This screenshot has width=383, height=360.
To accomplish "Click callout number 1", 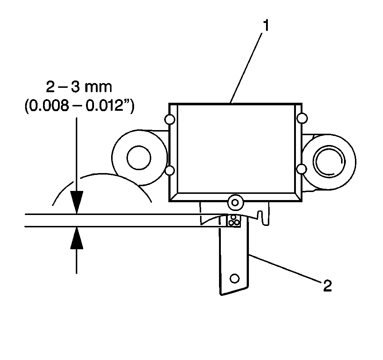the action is pos(266,26).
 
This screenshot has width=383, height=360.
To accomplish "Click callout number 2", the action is pos(328,286).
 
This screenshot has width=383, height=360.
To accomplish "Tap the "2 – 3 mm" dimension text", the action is pos(79,87).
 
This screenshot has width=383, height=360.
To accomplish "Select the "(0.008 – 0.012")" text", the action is pos(79,106).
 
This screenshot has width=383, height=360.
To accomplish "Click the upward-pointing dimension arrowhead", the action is pos(77,238).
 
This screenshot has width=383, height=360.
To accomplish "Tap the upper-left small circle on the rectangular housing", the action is pos(170,120).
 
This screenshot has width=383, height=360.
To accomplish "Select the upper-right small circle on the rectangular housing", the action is pos(302,118).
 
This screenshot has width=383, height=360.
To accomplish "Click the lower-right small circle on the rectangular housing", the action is pos(302,169).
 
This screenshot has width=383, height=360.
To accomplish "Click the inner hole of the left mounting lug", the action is pos(139,158).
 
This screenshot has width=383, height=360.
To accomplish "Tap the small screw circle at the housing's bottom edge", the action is pos(235,203).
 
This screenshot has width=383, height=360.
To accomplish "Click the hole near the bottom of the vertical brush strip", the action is pos(235,278).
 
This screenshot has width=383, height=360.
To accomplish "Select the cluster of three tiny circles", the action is pos(234,220).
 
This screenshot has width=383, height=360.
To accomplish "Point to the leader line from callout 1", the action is pos(246,68).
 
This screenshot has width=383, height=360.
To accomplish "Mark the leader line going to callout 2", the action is pos(285,269).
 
